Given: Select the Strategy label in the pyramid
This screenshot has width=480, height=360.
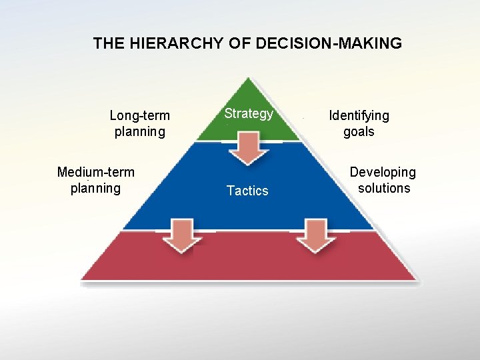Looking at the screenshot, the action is point(249,113).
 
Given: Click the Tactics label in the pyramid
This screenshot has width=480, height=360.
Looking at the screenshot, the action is point(247,191).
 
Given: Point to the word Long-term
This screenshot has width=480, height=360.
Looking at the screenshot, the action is point(139,116).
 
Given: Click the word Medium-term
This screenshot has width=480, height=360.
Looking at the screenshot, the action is point(96,173).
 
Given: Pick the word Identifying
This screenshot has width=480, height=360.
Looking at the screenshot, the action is point(359,115).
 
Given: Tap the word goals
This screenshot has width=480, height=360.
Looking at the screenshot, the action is point(359,131).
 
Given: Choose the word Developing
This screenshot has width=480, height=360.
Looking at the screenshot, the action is point(383,173).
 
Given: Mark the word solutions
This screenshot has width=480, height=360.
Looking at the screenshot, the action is point(384,188).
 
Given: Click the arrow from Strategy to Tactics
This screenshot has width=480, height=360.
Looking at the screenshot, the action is point(249,148).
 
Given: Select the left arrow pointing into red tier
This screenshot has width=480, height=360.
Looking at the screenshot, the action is point(183,235).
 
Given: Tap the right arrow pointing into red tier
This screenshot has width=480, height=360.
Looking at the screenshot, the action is point(314,235).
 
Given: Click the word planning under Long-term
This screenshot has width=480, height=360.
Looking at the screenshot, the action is point(140,131).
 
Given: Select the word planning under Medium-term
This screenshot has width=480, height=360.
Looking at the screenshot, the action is point(96,188).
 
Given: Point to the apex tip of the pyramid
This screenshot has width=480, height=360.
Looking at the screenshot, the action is point(249,79).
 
